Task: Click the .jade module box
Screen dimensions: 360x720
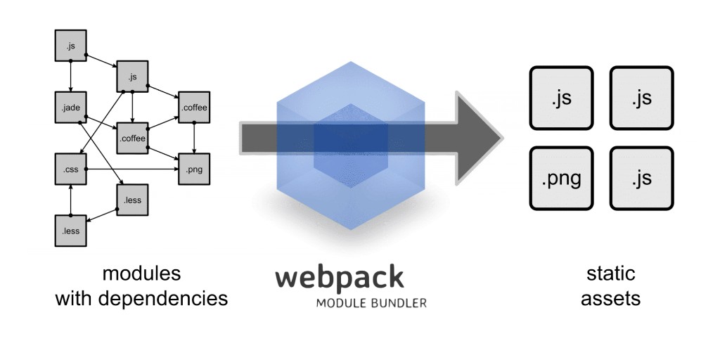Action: tap(70, 108)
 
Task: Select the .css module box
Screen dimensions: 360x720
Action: tap(70, 169)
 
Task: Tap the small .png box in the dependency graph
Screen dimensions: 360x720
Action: tap(194, 169)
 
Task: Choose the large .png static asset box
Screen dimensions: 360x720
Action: tap(561, 179)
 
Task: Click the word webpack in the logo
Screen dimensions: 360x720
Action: tap(339, 277)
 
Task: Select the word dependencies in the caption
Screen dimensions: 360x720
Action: tap(163, 298)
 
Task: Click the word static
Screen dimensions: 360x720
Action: tap(612, 273)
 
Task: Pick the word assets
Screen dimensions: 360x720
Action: tap(612, 298)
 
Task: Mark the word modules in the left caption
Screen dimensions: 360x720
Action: tap(141, 273)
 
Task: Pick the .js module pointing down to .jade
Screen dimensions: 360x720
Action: tap(70, 46)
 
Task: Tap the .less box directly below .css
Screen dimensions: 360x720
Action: tap(70, 230)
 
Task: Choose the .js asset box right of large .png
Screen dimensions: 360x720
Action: tap(641, 179)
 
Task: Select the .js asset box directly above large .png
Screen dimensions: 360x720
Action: tap(561, 98)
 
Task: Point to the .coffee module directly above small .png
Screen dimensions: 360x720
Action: tap(194, 108)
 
